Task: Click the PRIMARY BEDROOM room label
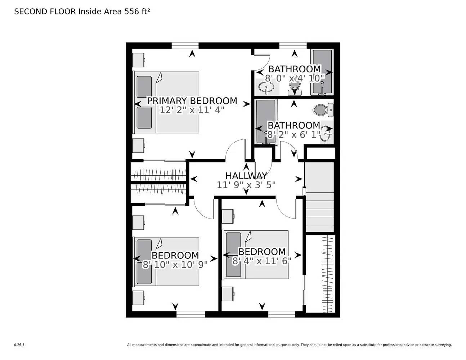click(192, 101)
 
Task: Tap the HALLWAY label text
click(246, 176)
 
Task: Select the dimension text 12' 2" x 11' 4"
click(192, 110)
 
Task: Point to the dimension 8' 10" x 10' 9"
click(175, 265)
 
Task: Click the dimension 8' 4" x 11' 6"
click(262, 261)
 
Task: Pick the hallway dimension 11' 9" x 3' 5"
click(246, 185)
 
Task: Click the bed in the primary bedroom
click(167, 102)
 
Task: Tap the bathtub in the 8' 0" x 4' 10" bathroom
click(322, 72)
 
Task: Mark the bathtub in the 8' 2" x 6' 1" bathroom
click(265, 122)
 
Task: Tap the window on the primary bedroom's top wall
click(185, 45)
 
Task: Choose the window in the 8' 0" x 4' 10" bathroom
click(293, 45)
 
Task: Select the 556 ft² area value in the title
click(137, 12)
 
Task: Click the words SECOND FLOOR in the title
click(45, 12)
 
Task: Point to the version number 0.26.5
click(19, 345)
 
